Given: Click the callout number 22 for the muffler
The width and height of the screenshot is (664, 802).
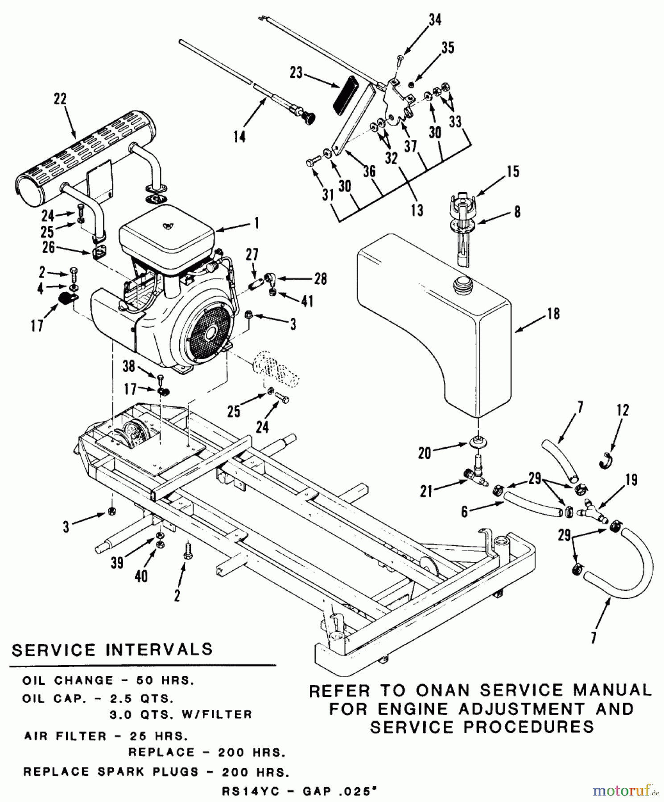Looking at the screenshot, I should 60,100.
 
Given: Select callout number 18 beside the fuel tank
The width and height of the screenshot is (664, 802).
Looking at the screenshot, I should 553,314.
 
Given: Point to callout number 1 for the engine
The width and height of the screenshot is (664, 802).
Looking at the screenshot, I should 256,223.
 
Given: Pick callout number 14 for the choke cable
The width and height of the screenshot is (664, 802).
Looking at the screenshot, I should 239,136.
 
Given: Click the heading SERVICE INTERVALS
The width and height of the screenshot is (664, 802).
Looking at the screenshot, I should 112,650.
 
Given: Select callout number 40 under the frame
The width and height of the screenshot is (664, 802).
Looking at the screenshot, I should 141,576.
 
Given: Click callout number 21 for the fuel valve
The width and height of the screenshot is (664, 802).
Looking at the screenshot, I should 426,491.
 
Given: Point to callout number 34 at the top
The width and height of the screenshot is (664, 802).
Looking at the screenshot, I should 435,20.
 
